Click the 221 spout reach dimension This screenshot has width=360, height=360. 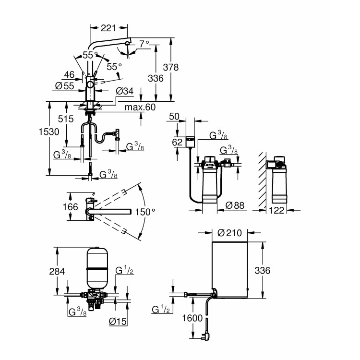108,28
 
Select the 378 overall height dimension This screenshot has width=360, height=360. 170,67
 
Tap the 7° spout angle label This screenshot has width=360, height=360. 144,44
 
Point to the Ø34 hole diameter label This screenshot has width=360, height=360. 124,91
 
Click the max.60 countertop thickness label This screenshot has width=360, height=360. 140,107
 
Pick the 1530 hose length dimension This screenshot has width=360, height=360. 49,132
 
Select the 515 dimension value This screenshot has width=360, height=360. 66,119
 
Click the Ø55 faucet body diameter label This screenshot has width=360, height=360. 65,86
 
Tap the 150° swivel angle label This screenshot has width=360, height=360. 145,212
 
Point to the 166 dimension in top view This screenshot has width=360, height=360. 70,207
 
